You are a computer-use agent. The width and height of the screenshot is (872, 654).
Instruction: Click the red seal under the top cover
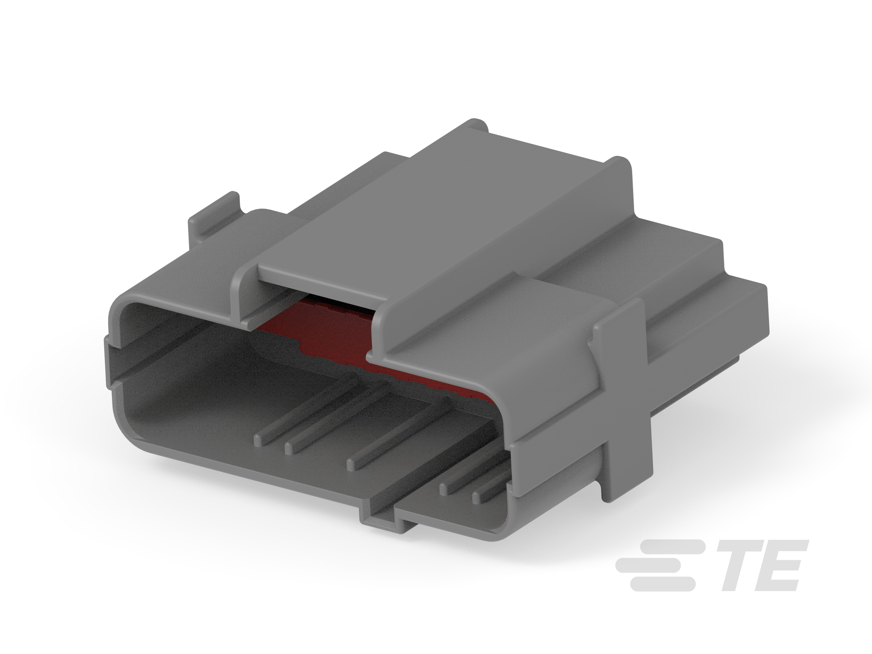335,331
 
